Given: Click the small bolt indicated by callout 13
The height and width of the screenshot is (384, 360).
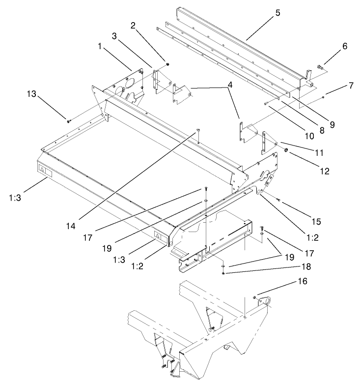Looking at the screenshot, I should point(68,120).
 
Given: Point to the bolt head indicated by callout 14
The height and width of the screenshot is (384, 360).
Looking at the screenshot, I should point(198,130).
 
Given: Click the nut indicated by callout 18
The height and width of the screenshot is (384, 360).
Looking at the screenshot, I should point(223,273).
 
